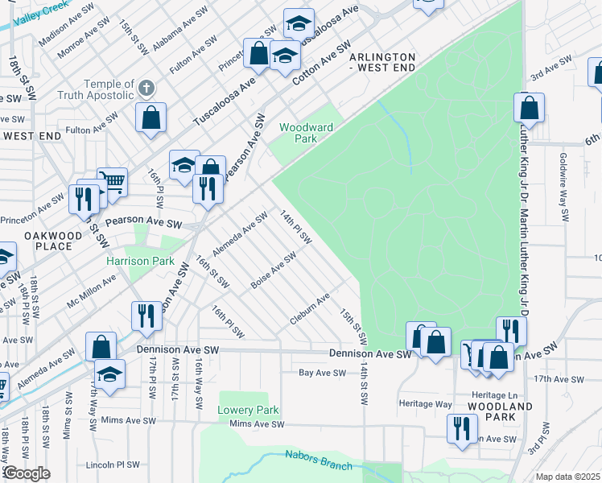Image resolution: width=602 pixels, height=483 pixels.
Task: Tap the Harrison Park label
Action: (141, 261)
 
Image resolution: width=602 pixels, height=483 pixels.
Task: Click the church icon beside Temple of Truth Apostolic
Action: (146, 87)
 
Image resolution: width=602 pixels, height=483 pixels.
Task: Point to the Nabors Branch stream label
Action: (319, 460)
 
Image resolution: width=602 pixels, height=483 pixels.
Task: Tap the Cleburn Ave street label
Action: (311, 310)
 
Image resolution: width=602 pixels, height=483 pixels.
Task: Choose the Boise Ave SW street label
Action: (273, 270)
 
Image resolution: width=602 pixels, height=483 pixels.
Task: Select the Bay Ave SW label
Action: (322, 373)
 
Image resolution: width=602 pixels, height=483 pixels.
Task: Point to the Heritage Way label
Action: (426, 403)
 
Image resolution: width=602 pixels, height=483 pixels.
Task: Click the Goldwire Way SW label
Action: (563, 188)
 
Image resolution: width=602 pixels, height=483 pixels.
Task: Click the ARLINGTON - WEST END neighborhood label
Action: (382, 64)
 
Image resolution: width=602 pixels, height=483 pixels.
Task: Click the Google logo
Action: (27, 473)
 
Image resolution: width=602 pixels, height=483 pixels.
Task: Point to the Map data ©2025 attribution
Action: (568, 477)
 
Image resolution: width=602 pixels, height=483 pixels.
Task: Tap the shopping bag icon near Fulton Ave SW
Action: (150, 117)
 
